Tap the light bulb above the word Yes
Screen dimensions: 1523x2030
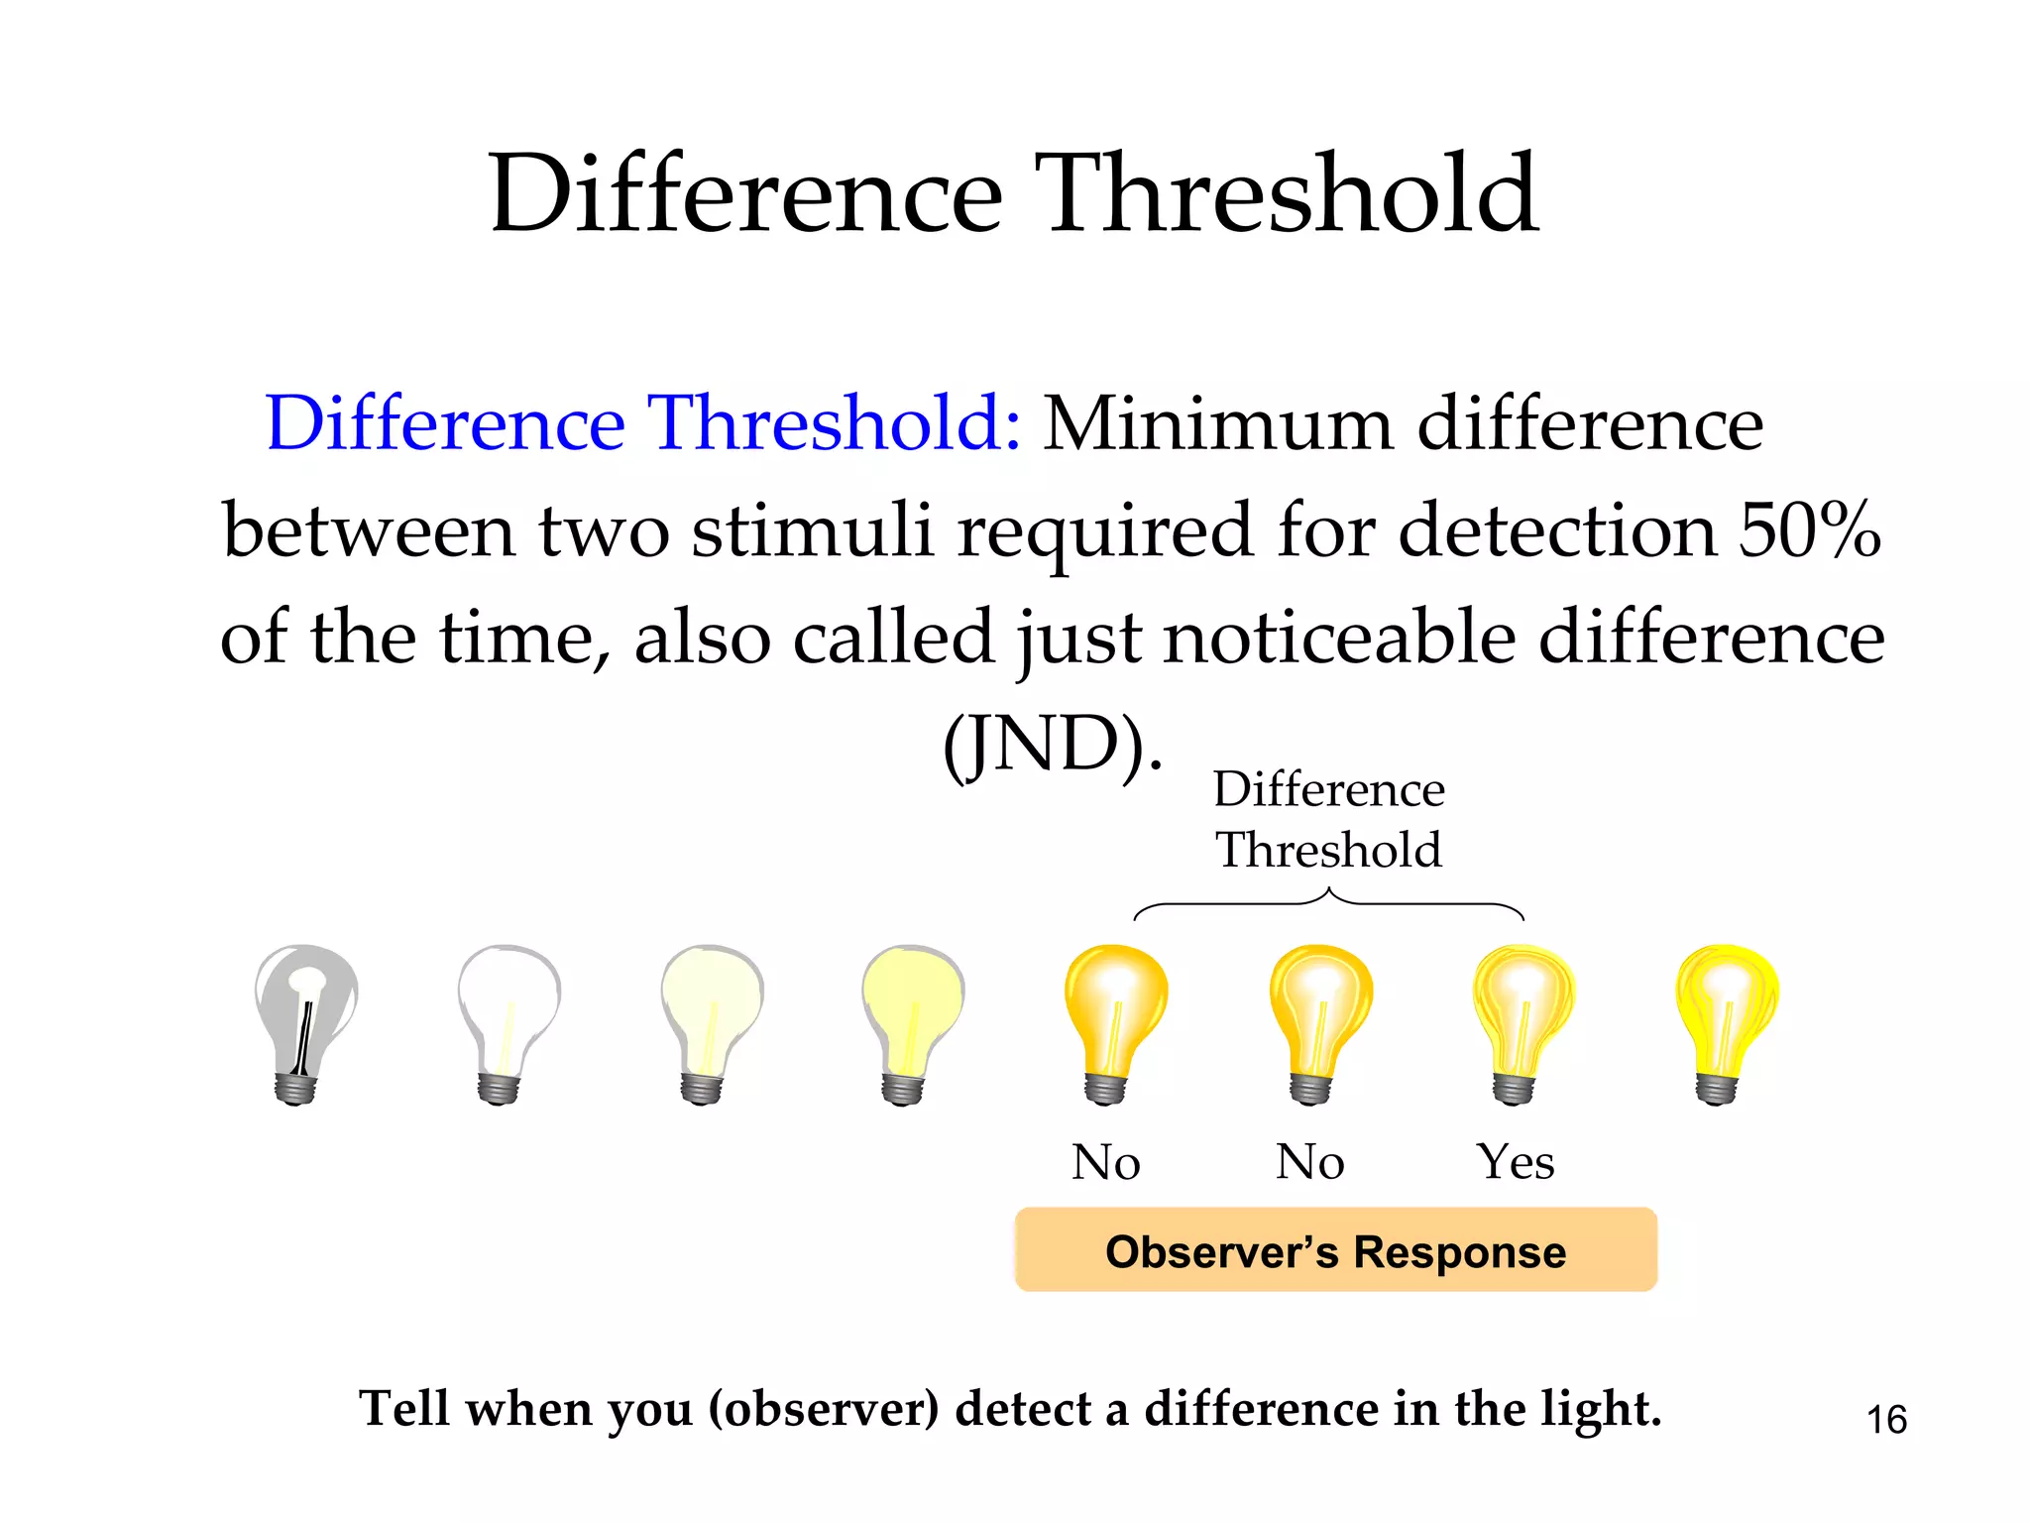(x=1522, y=1021)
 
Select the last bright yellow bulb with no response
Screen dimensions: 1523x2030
(x=1726, y=1021)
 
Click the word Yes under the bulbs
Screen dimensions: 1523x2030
(x=1516, y=1161)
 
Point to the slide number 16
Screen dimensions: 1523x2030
(x=1886, y=1420)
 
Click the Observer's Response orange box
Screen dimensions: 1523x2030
(x=1335, y=1250)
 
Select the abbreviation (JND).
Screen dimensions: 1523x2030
(x=1052, y=745)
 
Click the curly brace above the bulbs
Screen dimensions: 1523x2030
(x=1328, y=903)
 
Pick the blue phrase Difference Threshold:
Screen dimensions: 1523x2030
(x=642, y=423)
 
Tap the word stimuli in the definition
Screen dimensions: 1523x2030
(x=813, y=529)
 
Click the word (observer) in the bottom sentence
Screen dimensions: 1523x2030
(x=823, y=1409)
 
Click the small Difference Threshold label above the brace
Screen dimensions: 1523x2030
(x=1328, y=819)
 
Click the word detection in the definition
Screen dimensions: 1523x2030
(x=1557, y=529)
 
